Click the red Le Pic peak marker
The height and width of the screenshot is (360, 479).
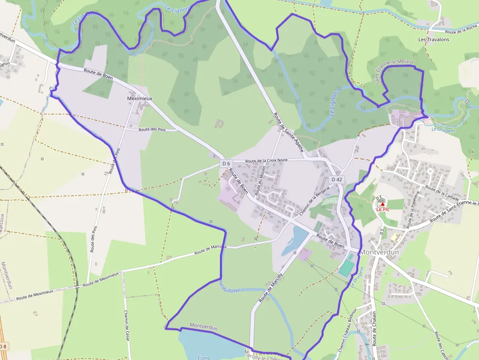coord(382,204)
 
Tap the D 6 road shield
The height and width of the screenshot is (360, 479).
coord(225,163)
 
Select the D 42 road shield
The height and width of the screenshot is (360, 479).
coord(337,180)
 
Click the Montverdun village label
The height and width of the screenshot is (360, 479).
coord(380,252)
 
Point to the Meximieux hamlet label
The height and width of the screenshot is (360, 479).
coord(139,98)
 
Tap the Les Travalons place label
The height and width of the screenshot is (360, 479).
coord(434,39)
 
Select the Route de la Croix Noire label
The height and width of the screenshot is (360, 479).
coord(266,160)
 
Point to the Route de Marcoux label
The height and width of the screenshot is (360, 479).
coord(211,250)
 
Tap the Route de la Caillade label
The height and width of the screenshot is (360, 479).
coord(442,193)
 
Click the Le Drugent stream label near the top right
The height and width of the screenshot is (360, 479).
coord(443,130)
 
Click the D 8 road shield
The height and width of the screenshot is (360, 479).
coord(3,346)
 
